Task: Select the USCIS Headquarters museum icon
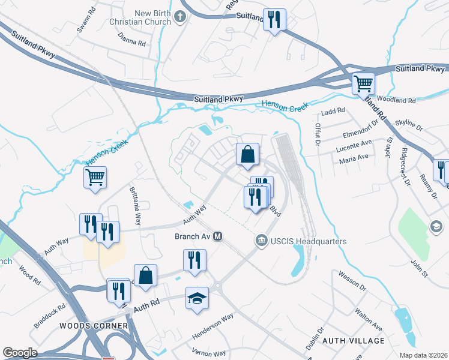[261, 241]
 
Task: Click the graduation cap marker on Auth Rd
[196, 298]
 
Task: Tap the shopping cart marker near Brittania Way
[95, 178]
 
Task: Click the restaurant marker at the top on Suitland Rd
[274, 20]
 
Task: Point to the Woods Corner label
[94, 326]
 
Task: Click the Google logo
[20, 352]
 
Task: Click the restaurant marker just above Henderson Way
[194, 260]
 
